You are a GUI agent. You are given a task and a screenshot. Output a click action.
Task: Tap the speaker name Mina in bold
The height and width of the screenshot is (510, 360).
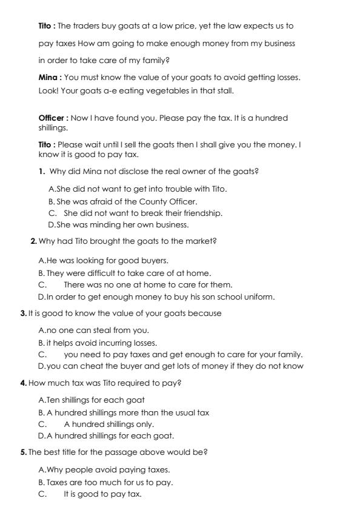(49, 78)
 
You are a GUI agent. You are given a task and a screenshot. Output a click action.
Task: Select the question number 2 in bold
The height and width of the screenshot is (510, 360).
(33, 241)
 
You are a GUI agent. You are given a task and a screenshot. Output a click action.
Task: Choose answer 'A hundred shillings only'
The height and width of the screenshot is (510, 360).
(109, 424)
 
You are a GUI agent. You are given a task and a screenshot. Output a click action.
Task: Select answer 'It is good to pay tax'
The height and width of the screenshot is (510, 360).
(102, 494)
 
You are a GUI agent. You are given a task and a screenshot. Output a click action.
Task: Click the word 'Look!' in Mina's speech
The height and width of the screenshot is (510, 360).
(47, 91)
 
